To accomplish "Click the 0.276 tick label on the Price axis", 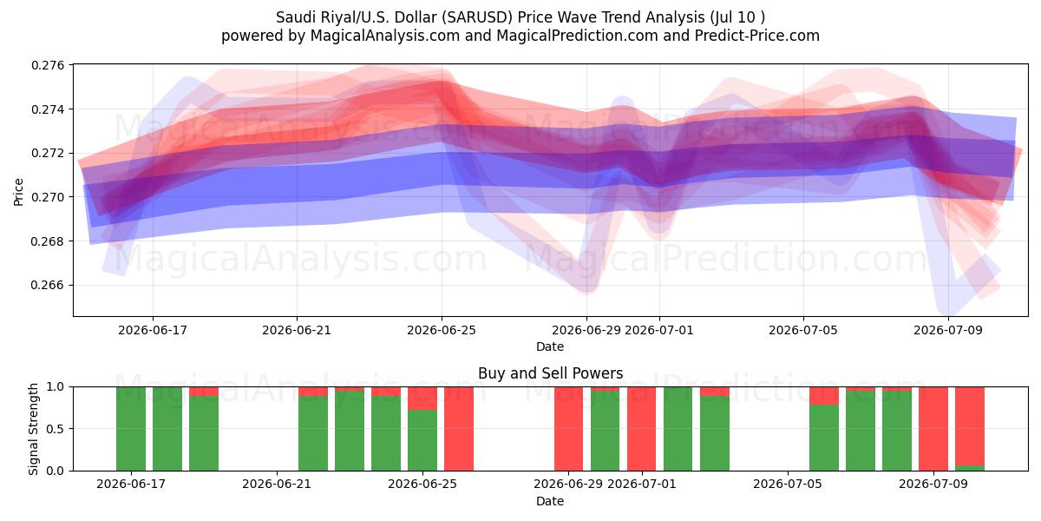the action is (x=48, y=65).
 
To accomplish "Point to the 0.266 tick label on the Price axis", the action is (x=48, y=285).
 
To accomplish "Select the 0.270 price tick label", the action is (x=48, y=197).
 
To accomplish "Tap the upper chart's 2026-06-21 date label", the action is (x=297, y=330).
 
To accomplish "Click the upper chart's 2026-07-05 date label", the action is (x=803, y=330).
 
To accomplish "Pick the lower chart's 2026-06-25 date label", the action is (x=422, y=485).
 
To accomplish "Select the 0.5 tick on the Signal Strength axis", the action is (x=56, y=429).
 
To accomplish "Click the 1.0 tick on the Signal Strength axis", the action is (x=56, y=387).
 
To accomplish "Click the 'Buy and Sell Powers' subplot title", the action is (x=550, y=373).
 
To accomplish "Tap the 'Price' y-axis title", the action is (x=18, y=192).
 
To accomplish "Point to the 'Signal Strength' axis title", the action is (x=33, y=429).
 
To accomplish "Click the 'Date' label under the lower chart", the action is (x=550, y=502).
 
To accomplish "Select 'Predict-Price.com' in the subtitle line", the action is (x=757, y=36).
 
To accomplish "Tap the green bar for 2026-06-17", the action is (x=131, y=429).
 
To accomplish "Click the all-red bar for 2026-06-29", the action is (x=568, y=429).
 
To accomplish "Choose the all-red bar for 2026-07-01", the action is (x=641, y=429).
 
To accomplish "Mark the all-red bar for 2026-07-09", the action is (x=933, y=429).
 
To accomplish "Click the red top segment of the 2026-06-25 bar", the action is (x=422, y=399).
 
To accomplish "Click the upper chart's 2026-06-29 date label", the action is (x=586, y=330).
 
